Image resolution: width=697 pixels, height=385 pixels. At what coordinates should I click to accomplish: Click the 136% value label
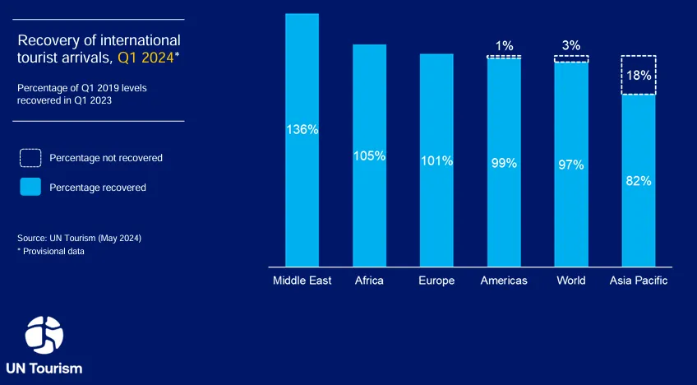[x=302, y=130]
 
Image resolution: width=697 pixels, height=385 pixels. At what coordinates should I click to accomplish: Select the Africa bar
[x=369, y=206]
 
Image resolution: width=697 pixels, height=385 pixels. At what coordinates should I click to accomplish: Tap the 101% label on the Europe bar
[x=436, y=160]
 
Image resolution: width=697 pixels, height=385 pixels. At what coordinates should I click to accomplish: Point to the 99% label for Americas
[x=503, y=163]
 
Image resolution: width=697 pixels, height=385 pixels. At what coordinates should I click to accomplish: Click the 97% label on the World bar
[x=570, y=165]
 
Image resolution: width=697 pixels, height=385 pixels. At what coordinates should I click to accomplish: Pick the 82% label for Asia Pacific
[x=638, y=181]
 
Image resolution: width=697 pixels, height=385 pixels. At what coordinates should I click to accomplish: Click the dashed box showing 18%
[x=638, y=75]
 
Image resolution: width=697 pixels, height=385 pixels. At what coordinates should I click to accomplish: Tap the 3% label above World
[x=571, y=45]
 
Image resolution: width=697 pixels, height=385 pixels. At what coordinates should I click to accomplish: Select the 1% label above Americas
[x=503, y=45]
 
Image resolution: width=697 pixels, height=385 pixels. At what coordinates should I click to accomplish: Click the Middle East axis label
[x=302, y=281]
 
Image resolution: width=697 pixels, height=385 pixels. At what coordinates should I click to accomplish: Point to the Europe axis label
[x=436, y=281]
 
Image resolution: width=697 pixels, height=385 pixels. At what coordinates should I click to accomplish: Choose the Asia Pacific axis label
[x=639, y=281]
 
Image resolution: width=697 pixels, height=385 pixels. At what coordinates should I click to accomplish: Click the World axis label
[x=570, y=281]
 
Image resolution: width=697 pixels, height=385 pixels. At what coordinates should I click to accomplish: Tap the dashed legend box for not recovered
[x=30, y=157]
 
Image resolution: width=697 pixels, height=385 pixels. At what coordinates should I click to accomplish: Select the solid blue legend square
[x=30, y=187]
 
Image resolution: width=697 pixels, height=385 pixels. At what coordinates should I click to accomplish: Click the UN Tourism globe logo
[x=44, y=335]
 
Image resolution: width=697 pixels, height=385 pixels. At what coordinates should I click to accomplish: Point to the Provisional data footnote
[x=51, y=251]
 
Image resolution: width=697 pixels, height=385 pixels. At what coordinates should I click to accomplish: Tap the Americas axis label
[x=503, y=281]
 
